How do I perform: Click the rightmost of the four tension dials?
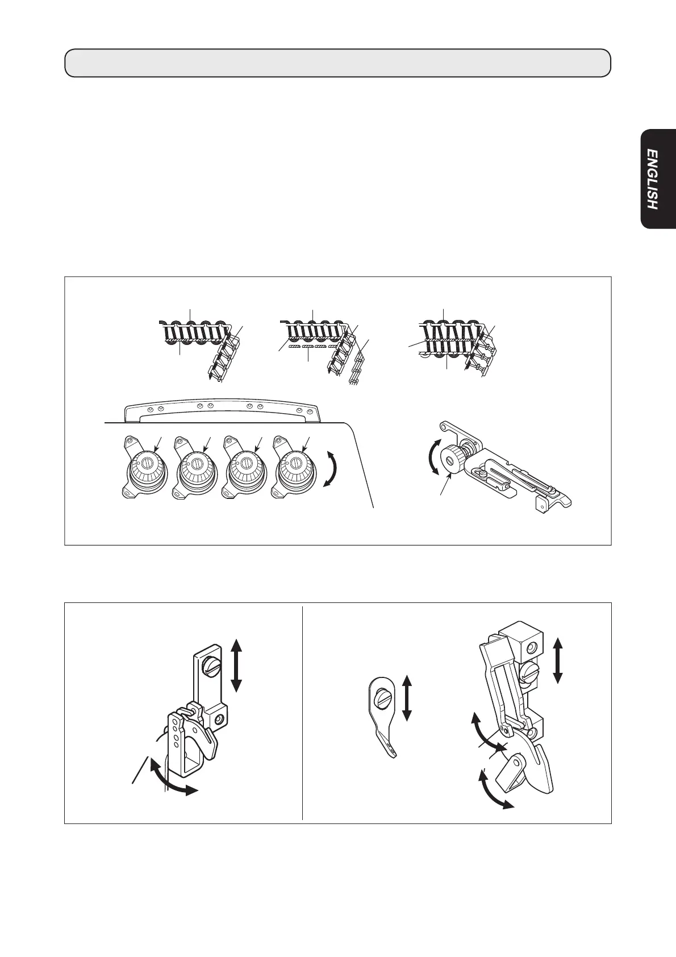click(295, 463)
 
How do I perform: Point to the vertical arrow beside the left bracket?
click(237, 664)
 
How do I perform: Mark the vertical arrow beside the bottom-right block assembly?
click(558, 660)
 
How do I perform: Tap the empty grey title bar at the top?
click(337, 63)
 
